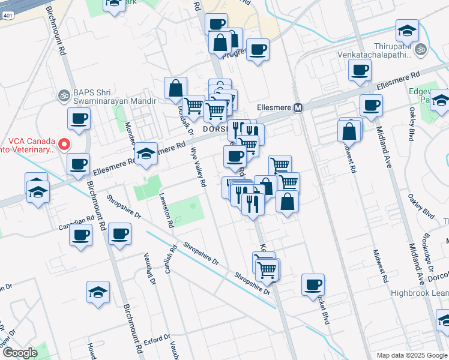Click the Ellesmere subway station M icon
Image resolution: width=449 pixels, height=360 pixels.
point(298,108)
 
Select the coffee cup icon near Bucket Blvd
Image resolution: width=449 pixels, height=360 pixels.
point(313,284)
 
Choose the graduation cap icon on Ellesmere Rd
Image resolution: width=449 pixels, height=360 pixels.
point(145,154)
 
